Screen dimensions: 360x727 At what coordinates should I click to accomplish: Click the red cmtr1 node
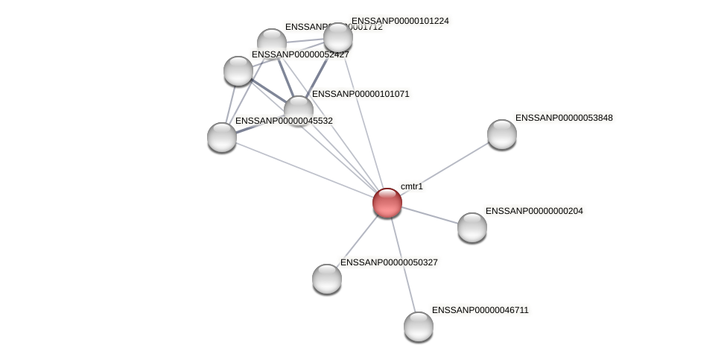tap(387, 203)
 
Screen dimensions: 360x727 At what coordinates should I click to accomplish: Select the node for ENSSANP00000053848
tap(502, 134)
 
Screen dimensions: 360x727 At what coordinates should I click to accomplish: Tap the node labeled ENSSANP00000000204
tap(472, 227)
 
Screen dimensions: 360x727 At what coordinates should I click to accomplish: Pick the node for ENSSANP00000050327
tap(327, 279)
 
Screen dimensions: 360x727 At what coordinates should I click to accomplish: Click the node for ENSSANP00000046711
tap(419, 326)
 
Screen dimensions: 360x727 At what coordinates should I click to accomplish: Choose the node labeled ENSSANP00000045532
tap(222, 137)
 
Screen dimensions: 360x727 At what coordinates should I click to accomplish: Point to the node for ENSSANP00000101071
tap(299, 110)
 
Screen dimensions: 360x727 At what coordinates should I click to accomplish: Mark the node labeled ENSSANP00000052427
tap(238, 71)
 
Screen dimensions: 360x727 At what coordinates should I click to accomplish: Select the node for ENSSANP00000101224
tap(337, 37)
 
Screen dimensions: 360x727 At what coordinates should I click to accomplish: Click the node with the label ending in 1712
tap(272, 42)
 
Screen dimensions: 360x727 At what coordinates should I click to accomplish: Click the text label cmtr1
tap(411, 186)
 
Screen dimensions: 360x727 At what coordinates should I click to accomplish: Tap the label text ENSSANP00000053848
tap(564, 118)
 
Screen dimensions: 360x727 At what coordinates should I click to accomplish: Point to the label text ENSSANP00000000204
tap(534, 211)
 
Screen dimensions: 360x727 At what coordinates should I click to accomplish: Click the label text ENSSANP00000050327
tap(389, 262)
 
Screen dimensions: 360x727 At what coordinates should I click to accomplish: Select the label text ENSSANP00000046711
tap(480, 310)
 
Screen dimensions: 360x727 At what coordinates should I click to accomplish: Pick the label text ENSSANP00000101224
tap(400, 21)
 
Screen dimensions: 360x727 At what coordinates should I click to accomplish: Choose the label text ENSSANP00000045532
tap(284, 121)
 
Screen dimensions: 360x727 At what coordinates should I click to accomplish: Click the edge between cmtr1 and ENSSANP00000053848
tap(445, 168)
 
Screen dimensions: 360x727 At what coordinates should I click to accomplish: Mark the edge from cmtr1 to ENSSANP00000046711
tap(403, 265)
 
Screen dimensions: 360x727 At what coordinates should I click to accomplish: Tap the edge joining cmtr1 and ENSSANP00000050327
tap(358, 240)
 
